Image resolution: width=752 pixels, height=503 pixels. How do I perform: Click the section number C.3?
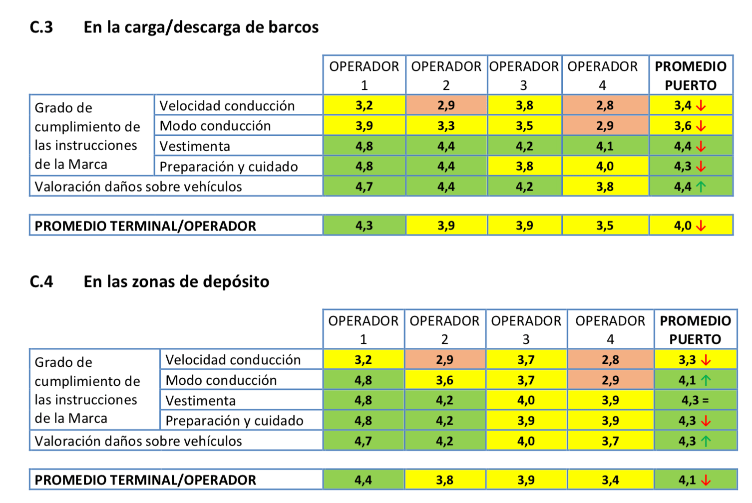coord(41,27)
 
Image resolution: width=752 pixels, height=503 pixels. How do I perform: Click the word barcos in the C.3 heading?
coord(293,27)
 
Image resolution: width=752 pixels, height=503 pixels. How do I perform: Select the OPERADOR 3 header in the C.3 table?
coord(524,75)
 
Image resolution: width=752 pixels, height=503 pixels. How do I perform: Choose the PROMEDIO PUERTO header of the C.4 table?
coord(695,330)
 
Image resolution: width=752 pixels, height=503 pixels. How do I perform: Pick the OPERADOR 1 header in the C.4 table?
coord(363,330)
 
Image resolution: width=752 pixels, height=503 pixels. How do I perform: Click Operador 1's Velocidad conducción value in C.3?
coord(364,105)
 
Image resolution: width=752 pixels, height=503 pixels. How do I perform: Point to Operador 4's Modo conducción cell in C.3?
coord(605,126)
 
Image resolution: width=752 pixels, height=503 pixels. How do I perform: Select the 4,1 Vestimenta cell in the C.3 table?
coord(605,146)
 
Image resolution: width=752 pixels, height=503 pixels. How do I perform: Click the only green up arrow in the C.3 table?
coord(701,187)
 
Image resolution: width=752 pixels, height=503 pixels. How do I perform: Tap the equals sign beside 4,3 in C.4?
coord(706,401)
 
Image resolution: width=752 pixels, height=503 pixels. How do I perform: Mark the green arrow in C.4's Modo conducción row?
coord(706,381)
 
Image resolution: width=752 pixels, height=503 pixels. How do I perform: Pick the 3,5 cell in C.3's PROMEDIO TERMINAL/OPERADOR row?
coord(605,226)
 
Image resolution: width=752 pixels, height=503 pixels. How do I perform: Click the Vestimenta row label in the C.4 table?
coord(200,401)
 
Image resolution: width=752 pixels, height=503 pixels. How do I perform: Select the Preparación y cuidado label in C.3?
coord(228,167)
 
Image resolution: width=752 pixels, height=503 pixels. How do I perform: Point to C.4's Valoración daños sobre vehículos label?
coord(138,441)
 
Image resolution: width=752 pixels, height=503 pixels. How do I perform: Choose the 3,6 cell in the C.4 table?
coord(444,380)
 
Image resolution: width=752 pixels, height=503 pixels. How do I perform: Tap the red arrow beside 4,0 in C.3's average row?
coord(701,226)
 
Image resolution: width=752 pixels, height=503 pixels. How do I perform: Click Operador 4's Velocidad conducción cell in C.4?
coord(610,360)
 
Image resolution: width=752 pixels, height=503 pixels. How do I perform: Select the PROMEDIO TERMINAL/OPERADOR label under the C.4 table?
coord(145,480)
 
